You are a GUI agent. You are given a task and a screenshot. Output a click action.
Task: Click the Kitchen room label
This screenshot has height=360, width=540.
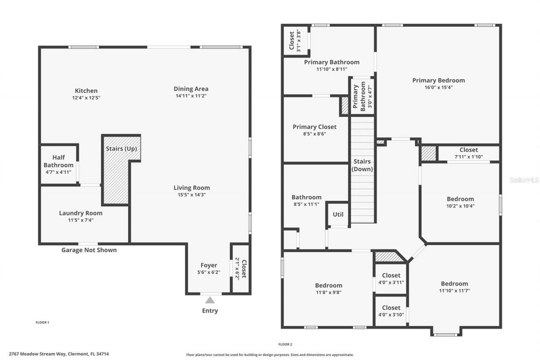coord(86,91)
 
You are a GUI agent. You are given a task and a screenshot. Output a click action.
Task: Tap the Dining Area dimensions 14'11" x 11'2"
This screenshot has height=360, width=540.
coord(191,96)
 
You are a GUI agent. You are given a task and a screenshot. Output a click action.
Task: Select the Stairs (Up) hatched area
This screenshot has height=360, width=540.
coord(116,177)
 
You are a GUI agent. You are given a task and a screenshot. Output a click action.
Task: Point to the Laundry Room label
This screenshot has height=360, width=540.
coord(81,213)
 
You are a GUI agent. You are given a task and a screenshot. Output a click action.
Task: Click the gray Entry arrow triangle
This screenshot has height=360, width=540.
coord(210,300)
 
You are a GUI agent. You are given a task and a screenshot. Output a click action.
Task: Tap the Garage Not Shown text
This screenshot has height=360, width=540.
coord(89,250)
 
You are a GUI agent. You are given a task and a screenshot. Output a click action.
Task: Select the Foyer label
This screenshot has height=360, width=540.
coord(209,265)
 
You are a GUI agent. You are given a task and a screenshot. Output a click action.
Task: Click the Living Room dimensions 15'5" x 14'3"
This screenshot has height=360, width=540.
coord(192,195)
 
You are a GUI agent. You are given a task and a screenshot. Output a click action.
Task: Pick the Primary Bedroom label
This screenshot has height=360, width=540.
coord(438,81)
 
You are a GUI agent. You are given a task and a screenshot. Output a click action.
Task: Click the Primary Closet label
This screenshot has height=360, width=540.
coord(315,127)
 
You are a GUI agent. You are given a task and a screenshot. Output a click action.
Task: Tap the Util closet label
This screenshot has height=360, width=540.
coord(338,214)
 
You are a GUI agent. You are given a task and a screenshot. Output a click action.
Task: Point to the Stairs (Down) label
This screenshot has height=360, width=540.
coord(362,165)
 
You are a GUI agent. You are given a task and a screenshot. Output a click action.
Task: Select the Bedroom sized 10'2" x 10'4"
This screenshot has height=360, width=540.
coord(460,199)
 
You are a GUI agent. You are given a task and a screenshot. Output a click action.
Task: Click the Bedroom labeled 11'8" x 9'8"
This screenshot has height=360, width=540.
coord(329,286)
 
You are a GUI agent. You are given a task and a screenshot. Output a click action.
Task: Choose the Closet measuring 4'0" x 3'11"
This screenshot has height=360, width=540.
coord(391,276)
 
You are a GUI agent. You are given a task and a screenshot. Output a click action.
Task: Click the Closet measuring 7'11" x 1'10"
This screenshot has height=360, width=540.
coord(469,150)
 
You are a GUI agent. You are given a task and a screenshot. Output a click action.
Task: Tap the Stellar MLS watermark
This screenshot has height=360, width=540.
coord(524,180)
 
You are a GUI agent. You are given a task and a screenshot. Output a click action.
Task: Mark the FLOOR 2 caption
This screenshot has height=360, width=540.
coord(285,344)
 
